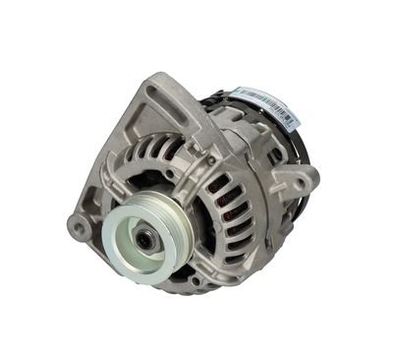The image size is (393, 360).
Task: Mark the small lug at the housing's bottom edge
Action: [196, 284]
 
